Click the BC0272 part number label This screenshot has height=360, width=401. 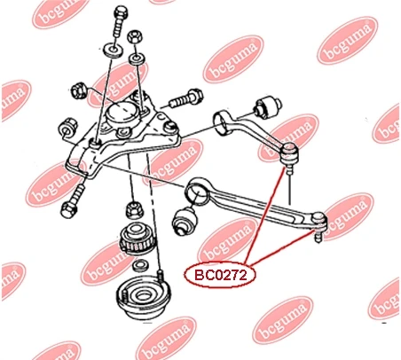pyautogui.click(x=220, y=275)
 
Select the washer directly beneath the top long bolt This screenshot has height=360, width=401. pyautogui.click(x=114, y=51)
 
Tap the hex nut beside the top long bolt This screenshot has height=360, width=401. pyautogui.click(x=134, y=36)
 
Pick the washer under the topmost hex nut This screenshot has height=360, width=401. pyautogui.click(x=137, y=59)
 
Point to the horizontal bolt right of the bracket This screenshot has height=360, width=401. pyautogui.click(x=186, y=98)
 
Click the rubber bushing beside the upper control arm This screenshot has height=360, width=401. pyautogui.click(x=267, y=106)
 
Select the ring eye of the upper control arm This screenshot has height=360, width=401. pyautogui.click(x=223, y=122)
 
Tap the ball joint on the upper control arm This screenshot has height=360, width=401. pyautogui.click(x=290, y=153)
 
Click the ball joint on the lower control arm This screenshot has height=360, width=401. pyautogui.click(x=318, y=225)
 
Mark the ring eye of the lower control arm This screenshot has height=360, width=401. pyautogui.click(x=196, y=192)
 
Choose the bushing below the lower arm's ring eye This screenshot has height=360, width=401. pyautogui.click(x=185, y=221)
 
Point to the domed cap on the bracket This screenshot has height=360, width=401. pyautogui.click(x=122, y=113)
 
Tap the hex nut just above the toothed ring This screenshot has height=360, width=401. pyautogui.click(x=135, y=209)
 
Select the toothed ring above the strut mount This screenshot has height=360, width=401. pyautogui.click(x=137, y=239)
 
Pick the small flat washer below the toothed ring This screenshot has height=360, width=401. pyautogui.click(x=141, y=265)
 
